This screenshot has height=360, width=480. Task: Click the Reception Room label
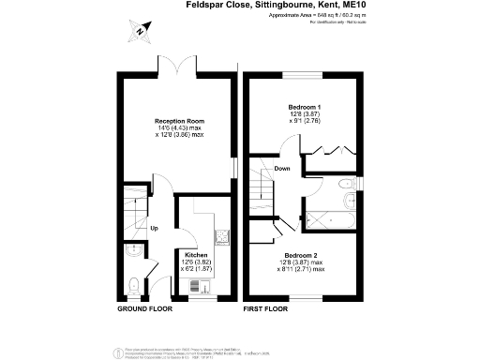click(179, 121)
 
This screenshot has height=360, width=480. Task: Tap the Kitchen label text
click(196, 255)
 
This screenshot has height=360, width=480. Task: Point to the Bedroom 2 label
click(303, 255)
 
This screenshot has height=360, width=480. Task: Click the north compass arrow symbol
click(139, 32)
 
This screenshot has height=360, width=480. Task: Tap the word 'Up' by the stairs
click(154, 228)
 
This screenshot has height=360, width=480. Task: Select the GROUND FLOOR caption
click(144, 308)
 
